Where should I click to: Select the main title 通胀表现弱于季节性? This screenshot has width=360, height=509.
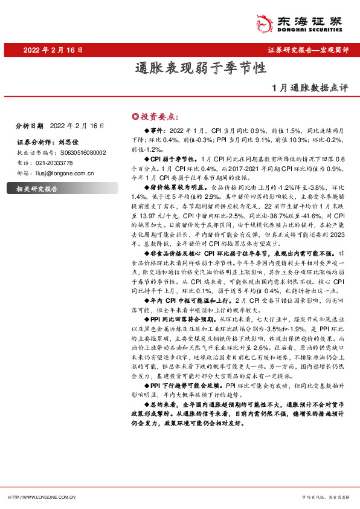201,68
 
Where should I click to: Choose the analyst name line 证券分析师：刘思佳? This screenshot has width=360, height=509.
40,143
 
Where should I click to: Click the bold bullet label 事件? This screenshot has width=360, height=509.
156,131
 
